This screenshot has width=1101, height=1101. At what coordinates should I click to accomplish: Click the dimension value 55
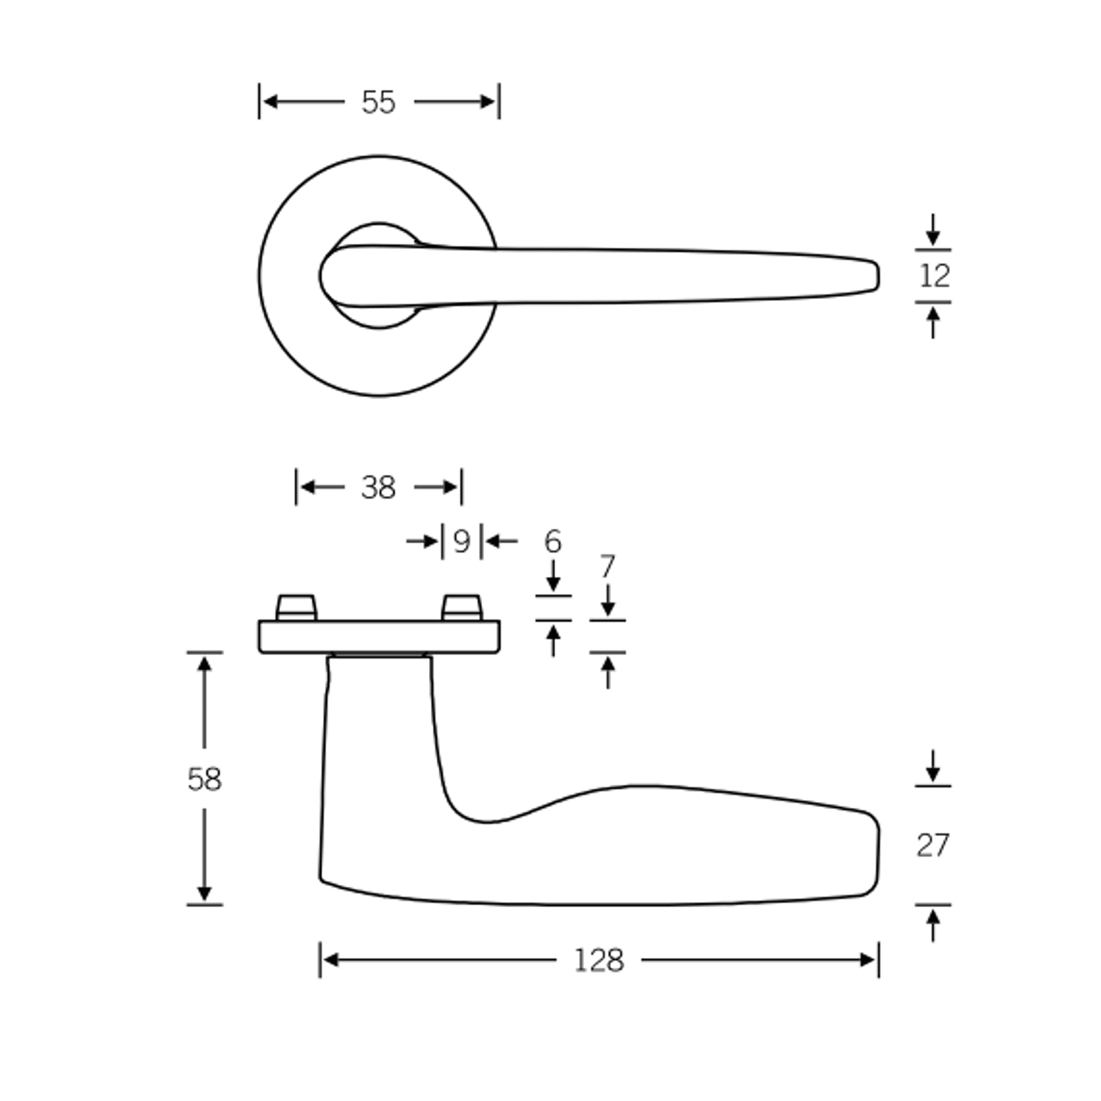pos(378,102)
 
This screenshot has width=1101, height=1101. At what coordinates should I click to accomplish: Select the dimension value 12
pos(934,276)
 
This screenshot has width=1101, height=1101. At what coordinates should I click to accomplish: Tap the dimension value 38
pos(378,487)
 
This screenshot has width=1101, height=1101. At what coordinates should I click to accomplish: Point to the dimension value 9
pos(462,541)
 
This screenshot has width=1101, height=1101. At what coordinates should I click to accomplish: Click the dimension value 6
pos(552,541)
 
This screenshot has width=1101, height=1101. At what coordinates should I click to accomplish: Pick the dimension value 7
pos(608,566)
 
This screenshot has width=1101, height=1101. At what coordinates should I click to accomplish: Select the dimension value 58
pos(204,780)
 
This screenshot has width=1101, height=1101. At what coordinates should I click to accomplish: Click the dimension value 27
pos(933,845)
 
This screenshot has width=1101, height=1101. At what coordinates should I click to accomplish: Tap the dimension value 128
pos(598,960)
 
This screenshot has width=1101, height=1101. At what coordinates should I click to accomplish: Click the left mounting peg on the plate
pos(296,608)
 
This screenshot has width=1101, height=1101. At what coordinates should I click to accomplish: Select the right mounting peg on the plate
pos(462,608)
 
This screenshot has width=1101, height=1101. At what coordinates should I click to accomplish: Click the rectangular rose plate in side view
pos(379,637)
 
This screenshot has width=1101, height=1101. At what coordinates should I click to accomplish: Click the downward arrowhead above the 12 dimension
pos(933,238)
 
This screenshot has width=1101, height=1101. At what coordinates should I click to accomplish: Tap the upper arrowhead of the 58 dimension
pos(204,663)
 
